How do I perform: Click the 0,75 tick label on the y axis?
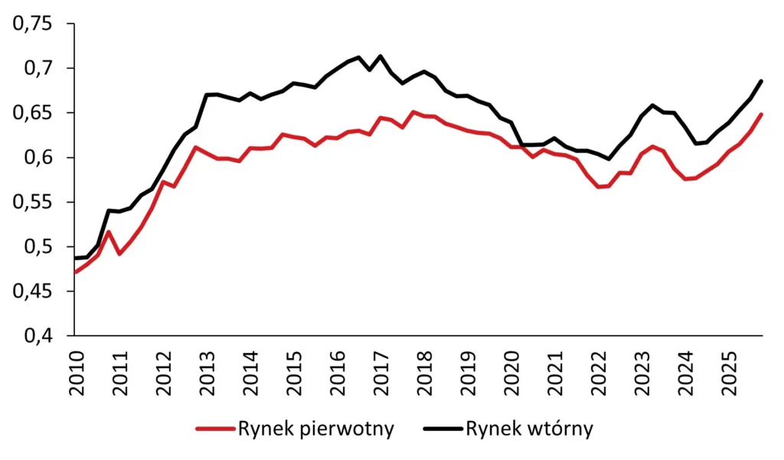34,24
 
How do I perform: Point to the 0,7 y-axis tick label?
40,69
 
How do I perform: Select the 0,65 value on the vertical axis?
34,113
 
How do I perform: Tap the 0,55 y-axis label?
34,203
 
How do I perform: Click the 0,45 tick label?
34,292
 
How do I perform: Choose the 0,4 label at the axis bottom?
40,336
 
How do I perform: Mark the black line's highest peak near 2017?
381,56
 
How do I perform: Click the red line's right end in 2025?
762,114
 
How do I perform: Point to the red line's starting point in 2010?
74,272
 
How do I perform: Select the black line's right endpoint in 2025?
762,80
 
